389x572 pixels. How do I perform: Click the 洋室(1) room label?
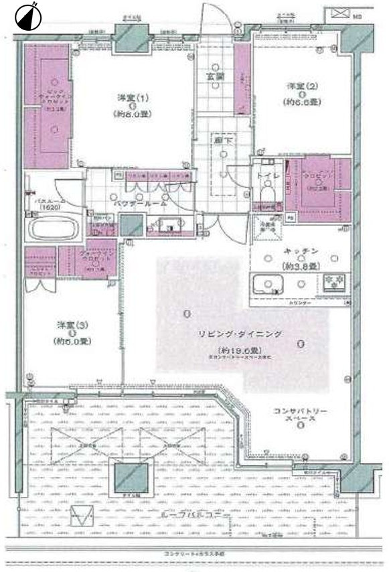[134, 98]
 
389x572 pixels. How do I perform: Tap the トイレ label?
[264, 177]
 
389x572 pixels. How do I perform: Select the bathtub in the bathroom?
[52, 227]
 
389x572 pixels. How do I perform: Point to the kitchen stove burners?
[333, 282]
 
